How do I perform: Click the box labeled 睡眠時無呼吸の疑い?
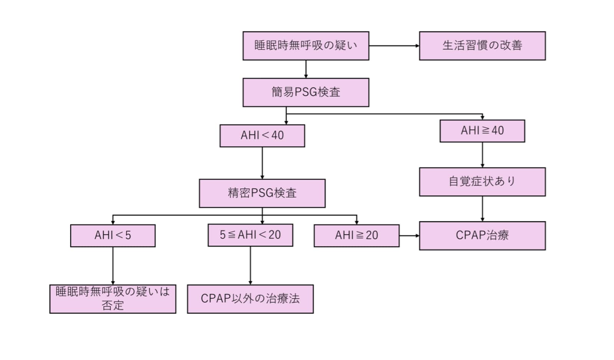pos(305,46)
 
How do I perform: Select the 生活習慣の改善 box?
pos(482,46)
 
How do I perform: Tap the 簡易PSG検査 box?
pos(305,92)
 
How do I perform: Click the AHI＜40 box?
pos(262,135)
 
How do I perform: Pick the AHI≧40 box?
pos(482,131)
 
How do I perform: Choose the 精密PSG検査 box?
pos(262,193)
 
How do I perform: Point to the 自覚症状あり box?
pos(482,182)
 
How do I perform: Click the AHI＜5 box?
pos(113,235)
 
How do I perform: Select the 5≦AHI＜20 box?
pos(250,235)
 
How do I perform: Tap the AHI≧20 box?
pos(357,235)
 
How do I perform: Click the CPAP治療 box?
pos(482,235)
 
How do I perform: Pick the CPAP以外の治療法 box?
pos(250,299)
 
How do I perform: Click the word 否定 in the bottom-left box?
pos(113,306)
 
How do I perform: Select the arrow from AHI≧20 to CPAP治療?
pos(409,236)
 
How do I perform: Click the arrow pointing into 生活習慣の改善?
pos(394,46)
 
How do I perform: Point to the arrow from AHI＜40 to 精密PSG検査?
pos(262,163)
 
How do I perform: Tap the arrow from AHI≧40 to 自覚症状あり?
pos(482,155)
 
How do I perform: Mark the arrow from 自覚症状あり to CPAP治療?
pos(482,209)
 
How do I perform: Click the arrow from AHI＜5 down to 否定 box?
pos(113,266)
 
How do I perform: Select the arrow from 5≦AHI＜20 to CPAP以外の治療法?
pos(250,266)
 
